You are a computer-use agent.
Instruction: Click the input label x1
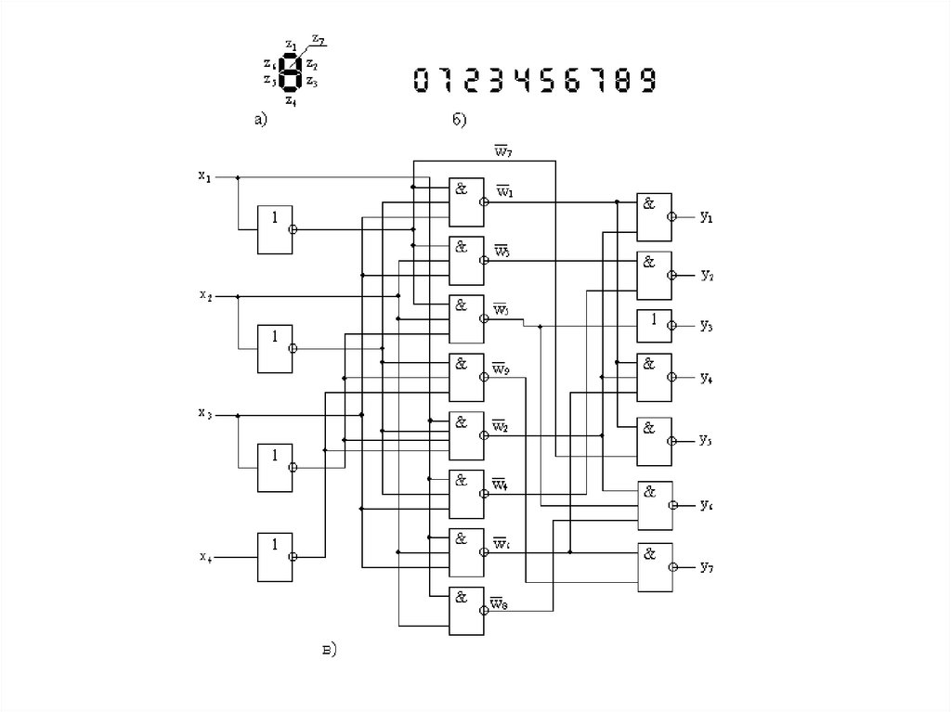pos(203,175)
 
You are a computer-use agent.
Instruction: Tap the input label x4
pos(204,557)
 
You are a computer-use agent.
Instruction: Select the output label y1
pos(707,217)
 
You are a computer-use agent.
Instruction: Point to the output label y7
pos(707,566)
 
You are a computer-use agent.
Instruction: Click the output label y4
pos(707,378)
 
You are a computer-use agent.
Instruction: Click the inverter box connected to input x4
pos(274,556)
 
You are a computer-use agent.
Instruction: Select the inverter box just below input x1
pos(274,228)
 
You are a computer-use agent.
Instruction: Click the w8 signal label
pos(499,606)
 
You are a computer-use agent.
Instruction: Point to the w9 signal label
pos(501,371)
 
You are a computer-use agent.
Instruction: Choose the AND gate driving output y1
pos(654,217)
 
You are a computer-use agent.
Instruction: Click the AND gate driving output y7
pos(655,566)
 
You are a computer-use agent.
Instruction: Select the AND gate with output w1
pos(465,201)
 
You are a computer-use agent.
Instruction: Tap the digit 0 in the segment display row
pos(420,80)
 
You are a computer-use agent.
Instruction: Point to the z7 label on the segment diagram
pos(318,39)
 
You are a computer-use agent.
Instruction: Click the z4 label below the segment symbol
pos(291,99)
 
